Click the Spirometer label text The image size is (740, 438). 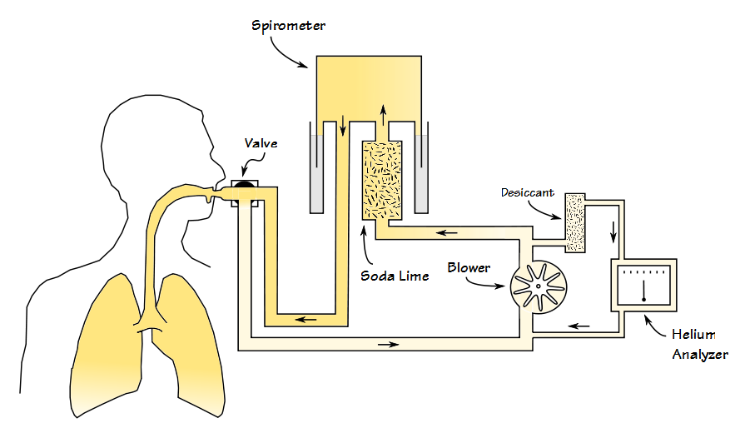coord(288,25)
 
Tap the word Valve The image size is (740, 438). coord(261,143)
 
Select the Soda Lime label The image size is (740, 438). coord(395,276)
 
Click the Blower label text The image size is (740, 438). coord(469,268)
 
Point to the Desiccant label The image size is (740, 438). coord(528,192)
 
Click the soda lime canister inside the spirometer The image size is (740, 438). coord(382,180)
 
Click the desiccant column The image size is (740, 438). coord(575,222)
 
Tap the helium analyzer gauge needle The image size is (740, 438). coord(643,290)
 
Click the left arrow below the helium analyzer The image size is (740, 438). coord(579,326)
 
